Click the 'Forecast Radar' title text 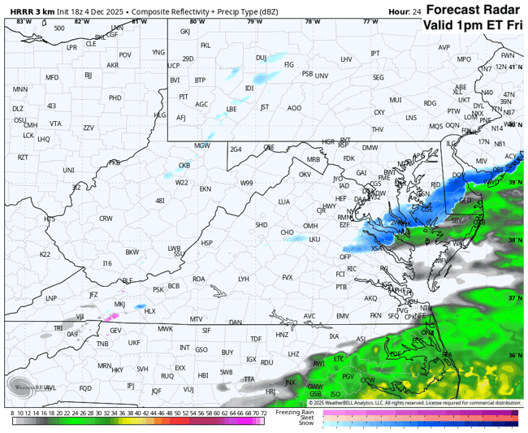click(474, 10)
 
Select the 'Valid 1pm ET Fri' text click(472, 25)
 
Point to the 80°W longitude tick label click(197, 21)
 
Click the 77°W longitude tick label click(370, 21)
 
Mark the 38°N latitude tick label click(513, 240)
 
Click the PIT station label click(184, 97)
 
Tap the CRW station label click(106, 219)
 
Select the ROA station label click(198, 279)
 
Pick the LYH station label click(243, 279)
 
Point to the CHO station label click(287, 232)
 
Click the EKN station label click(206, 188)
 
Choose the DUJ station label click(261, 58)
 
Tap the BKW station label click(132, 253)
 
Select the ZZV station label click(89, 128)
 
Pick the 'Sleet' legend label click(305, 418)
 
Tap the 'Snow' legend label click(305, 423)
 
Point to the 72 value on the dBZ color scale click(263, 413)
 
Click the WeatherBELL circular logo click(23, 385)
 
